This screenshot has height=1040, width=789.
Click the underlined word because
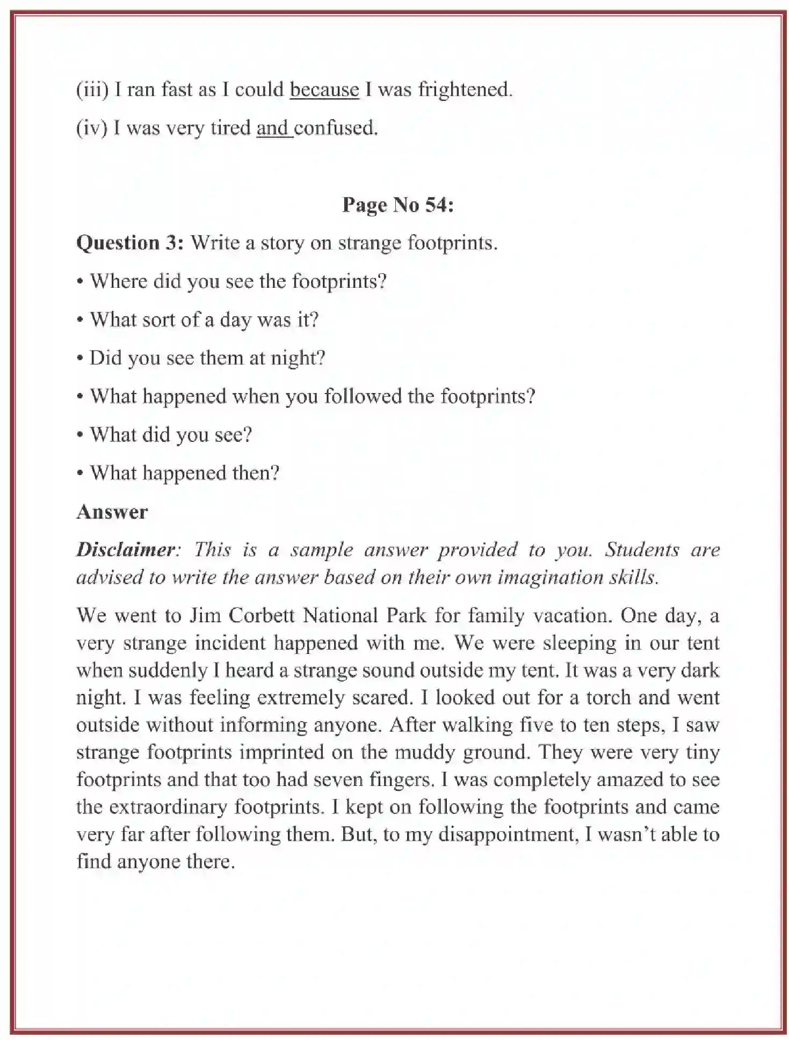(324, 89)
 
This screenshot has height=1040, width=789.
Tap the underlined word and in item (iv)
(273, 128)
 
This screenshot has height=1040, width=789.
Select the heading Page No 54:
(398, 205)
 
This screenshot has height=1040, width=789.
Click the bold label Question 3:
(131, 243)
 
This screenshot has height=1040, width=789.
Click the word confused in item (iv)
(336, 128)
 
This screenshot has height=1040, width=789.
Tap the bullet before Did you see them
(80, 359)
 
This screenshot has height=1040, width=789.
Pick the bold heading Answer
(112, 512)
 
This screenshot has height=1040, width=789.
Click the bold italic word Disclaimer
(126, 549)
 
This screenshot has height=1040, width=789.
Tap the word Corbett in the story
(262, 615)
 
